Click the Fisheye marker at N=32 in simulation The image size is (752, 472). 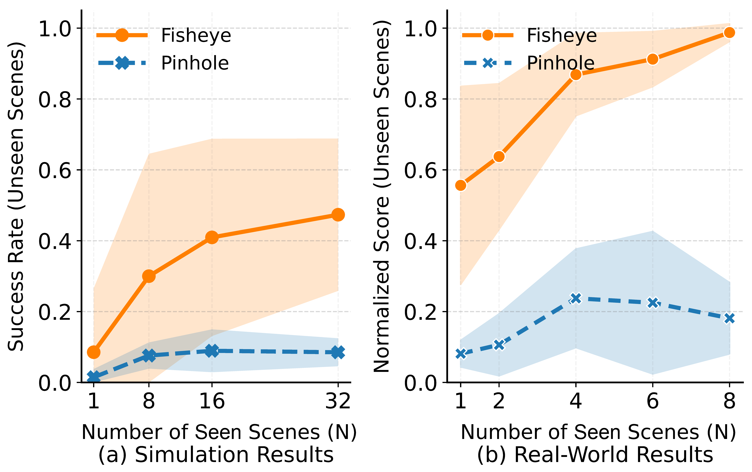(338, 215)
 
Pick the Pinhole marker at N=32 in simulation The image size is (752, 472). (338, 352)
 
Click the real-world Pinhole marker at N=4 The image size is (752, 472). (576, 298)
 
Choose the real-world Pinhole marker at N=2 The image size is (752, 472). (499, 345)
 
